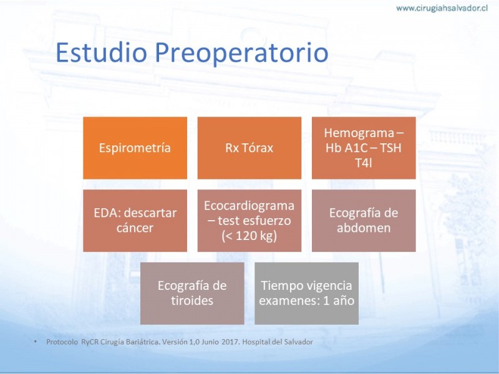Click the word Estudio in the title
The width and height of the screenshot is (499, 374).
coord(102,52)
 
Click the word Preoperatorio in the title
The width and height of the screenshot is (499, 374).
coord(241,53)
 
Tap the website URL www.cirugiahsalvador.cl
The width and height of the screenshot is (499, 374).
coord(442,8)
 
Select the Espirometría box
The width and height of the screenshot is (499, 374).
coord(135,148)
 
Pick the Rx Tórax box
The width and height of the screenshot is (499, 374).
coord(249,148)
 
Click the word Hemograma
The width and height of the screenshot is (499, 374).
coord(359,133)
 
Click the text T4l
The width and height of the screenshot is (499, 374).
coord(364,163)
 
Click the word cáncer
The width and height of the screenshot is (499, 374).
coord(135,228)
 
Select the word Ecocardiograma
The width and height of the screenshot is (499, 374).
coord(249,206)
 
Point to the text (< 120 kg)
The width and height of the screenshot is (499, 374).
coord(249,236)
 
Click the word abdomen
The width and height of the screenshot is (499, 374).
coord(364,228)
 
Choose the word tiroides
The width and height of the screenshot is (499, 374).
coord(192,300)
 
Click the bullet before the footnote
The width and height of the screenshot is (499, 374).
coord(36,342)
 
